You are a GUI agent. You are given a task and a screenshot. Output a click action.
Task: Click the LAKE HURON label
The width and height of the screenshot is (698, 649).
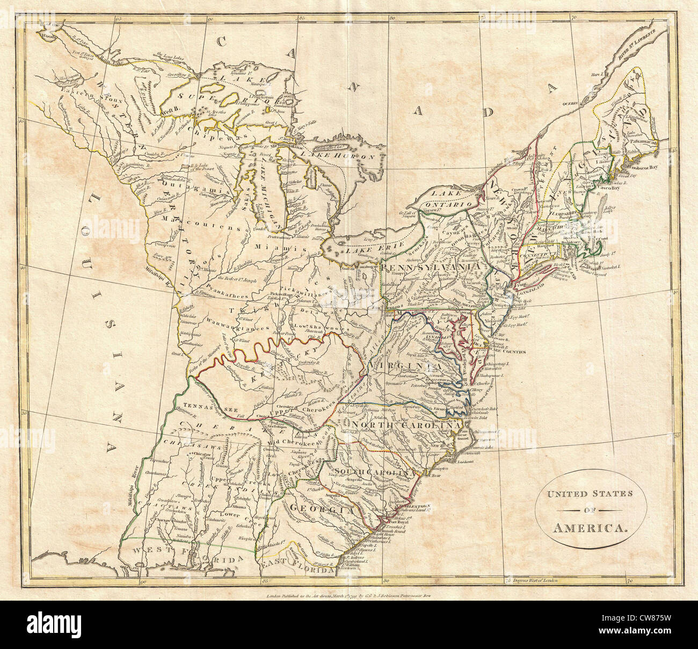(x=346, y=157)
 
